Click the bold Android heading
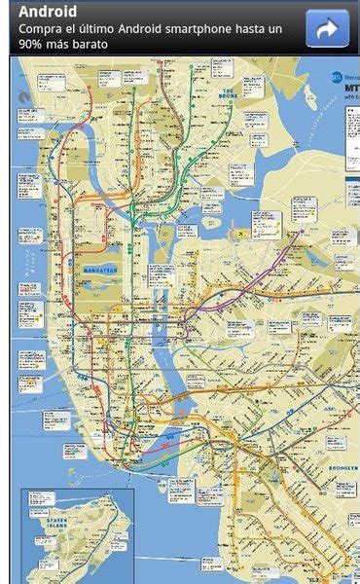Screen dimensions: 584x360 pyautogui.click(x=48, y=13)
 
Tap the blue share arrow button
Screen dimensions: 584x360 pyautogui.click(x=328, y=28)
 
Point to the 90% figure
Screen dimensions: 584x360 pyautogui.click(x=32, y=45)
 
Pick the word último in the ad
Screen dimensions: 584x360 pyautogui.click(x=107, y=29)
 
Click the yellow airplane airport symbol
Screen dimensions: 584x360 pyautogui.click(x=237, y=234)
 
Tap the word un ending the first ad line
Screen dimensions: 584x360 pyautogui.click(x=297, y=29)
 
